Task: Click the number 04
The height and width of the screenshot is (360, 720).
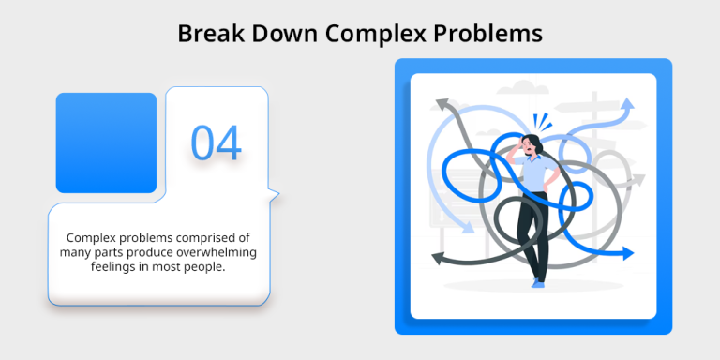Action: tap(217, 142)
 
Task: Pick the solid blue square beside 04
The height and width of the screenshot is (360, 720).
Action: tap(106, 142)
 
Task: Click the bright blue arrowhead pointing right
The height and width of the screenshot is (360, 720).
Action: tap(627, 252)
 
